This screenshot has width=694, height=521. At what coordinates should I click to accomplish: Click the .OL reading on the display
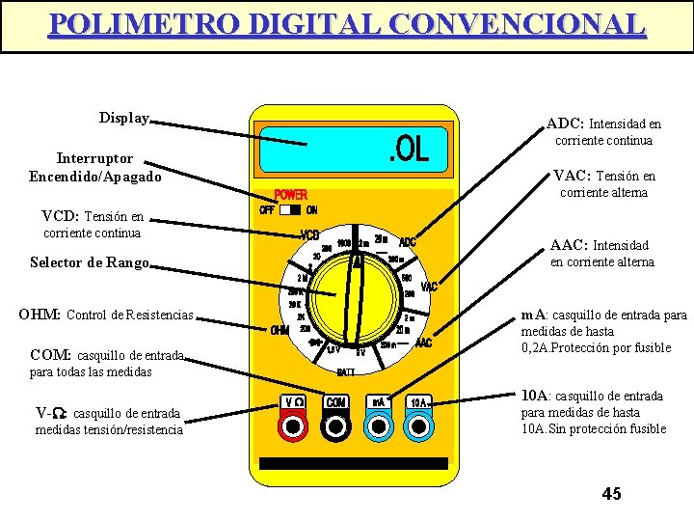(408, 151)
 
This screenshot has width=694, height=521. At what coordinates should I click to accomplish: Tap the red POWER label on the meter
(291, 194)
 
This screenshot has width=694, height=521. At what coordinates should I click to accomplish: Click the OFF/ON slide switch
(290, 209)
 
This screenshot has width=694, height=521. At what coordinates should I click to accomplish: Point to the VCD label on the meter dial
(310, 235)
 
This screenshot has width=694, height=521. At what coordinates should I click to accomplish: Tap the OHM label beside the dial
(280, 331)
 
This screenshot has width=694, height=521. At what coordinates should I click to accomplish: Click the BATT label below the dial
(346, 370)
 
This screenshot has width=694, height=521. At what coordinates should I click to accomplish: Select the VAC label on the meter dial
(429, 286)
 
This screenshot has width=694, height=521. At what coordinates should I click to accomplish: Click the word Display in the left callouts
(124, 118)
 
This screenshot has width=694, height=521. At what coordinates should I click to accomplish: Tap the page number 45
(611, 494)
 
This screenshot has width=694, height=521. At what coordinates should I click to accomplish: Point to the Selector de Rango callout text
(89, 262)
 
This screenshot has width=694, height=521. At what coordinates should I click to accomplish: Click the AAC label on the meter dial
(423, 343)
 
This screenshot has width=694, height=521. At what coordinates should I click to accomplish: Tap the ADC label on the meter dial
(408, 241)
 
